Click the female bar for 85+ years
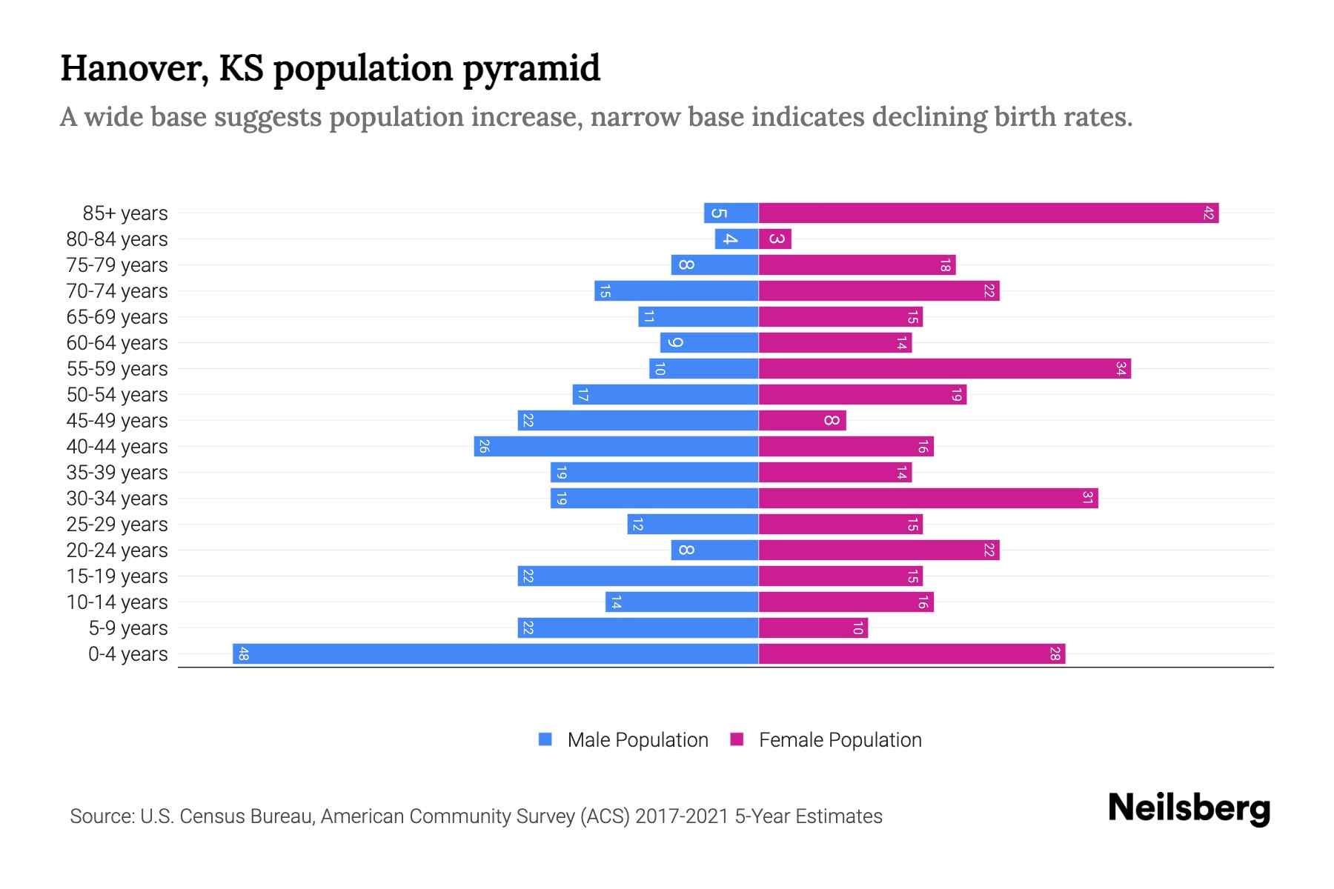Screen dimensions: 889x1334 pos(988,213)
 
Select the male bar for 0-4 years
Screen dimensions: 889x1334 pos(495,654)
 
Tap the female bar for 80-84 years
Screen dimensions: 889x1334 pos(775,239)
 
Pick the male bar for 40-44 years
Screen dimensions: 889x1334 pos(616,447)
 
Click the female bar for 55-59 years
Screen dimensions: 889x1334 pos(944,369)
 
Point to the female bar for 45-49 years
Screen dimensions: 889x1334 pos(802,421)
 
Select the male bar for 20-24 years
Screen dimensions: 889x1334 pos(714,550)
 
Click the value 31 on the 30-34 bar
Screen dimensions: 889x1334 pos(1087,499)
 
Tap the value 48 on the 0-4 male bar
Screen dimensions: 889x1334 pos(243,654)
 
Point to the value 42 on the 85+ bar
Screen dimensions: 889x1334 pos(1208,213)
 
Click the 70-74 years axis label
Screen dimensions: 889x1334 pos(117,291)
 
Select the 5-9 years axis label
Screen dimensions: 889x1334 pos(127,628)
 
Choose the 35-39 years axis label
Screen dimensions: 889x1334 pos(117,473)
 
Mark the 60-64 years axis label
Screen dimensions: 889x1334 pos(117,343)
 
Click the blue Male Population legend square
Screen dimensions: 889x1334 pos(545,739)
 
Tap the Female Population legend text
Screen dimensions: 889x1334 pos(840,740)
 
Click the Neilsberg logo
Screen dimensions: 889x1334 pos(1189,808)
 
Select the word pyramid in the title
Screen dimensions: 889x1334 pos(531,69)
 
